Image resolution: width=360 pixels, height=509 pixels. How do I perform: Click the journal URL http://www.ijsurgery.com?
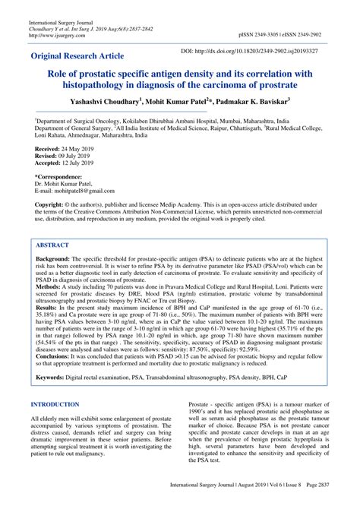coord(64,35)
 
